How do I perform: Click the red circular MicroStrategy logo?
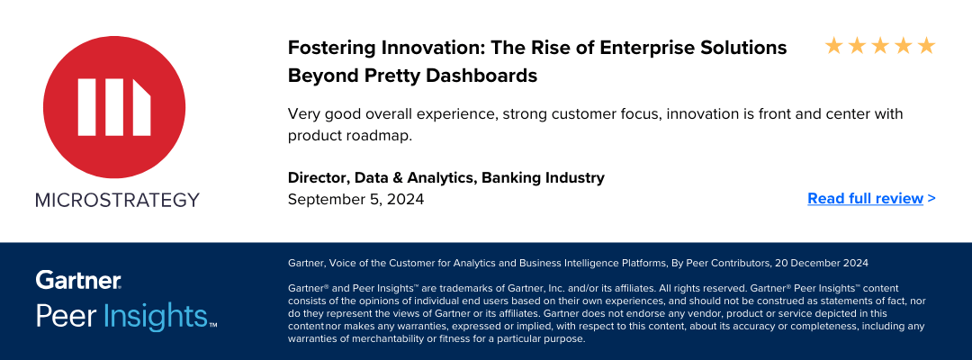pos(114,107)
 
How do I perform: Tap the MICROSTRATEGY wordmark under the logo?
pos(117,200)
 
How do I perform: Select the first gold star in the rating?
pos(833,45)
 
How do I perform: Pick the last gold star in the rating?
pos(926,45)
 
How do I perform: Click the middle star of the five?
pos(880,45)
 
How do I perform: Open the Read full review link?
pos(871,198)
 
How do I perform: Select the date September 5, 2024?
pos(355,200)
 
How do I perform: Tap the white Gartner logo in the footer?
pos(78,280)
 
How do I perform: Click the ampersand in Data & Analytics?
pos(398,178)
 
